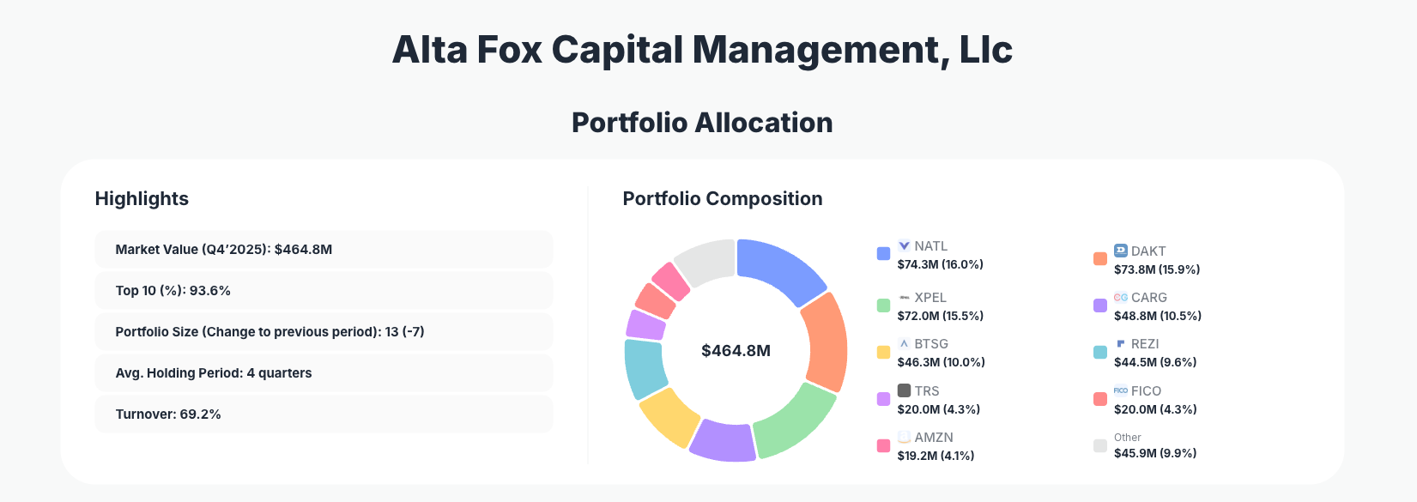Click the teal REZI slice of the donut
tap(645, 368)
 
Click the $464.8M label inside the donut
tap(736, 351)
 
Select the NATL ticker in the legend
tap(930, 246)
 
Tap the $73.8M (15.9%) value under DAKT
tap(1156, 269)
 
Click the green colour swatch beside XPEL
tap(883, 305)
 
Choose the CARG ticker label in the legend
tap(1148, 298)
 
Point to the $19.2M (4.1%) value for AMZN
tap(936, 456)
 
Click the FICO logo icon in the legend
tap(1120, 390)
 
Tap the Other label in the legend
tap(1127, 438)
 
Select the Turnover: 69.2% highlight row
tap(323, 414)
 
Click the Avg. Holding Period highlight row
tap(323, 373)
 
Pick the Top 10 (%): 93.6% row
tap(323, 291)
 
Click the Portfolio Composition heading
tap(722, 199)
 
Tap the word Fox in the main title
tap(509, 50)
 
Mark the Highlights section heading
tap(142, 199)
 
